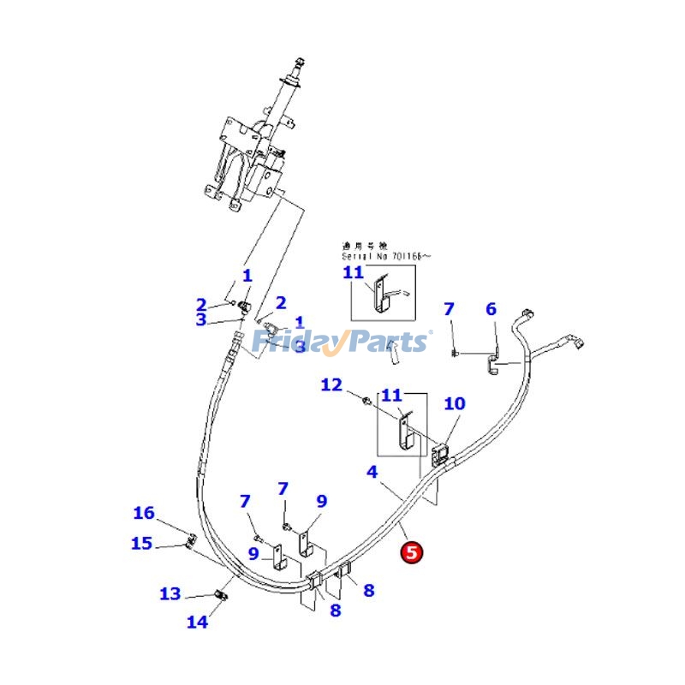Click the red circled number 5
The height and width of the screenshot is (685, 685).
412,553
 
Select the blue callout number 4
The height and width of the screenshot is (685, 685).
372,472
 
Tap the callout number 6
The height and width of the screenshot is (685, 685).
491,309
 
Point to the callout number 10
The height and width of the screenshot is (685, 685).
455,403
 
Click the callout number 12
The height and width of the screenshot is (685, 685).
331,385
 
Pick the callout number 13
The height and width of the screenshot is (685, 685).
170,593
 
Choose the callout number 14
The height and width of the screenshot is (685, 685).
198,622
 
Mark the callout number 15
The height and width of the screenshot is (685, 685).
141,543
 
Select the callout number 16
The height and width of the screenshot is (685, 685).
144,514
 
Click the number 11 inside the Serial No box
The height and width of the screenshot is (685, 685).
354,273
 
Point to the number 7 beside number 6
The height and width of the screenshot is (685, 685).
449,309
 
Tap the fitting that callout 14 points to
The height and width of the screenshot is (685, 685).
223,595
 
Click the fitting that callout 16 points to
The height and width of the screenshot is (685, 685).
190,539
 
